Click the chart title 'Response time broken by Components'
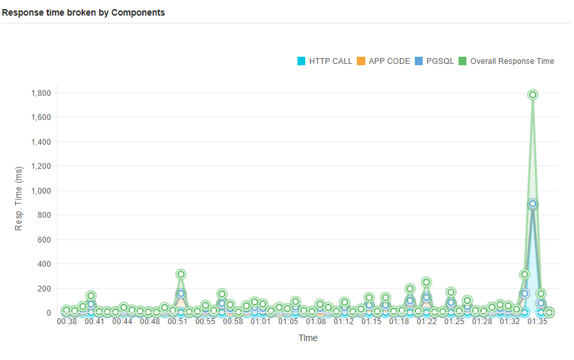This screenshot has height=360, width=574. coord(83,12)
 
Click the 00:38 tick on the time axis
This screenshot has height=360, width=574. coord(67,322)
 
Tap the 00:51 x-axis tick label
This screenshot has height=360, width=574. coord(177,322)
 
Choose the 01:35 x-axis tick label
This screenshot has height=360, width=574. coord(537,322)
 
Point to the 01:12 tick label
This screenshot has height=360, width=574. coord(344,322)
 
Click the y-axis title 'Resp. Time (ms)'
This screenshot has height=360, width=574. coord(19,199)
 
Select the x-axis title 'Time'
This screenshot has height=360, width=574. coord(308,338)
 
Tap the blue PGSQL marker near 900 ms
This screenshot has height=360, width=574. coord(533,203)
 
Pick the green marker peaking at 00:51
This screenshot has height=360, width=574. coord(181,274)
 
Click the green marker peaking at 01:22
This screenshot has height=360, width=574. coord(426,282)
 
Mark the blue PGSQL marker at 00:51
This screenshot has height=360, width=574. coord(181,293)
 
